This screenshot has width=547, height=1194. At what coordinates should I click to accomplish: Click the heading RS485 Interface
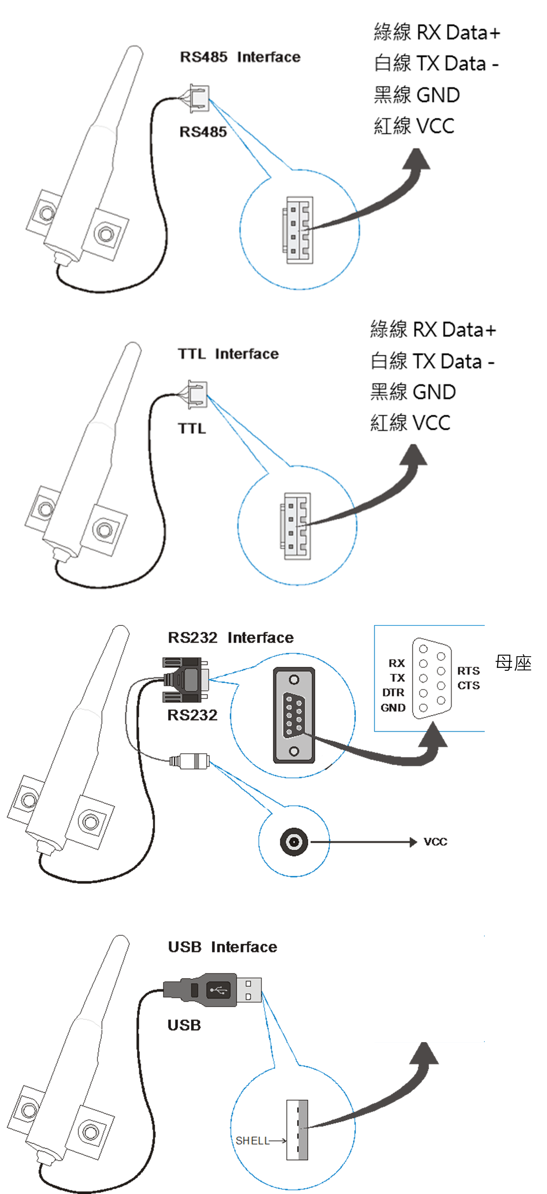pyautogui.click(x=240, y=57)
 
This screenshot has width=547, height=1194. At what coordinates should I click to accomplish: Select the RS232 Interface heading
pyautogui.click(x=230, y=638)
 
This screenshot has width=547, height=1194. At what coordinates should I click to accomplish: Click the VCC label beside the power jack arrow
pyautogui.click(x=436, y=842)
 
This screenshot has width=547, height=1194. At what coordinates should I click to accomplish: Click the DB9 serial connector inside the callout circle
pyautogui.click(x=294, y=715)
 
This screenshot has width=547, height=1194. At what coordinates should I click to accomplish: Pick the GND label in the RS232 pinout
pyautogui.click(x=393, y=708)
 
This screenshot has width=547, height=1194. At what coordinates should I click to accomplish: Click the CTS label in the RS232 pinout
pyautogui.click(x=468, y=686)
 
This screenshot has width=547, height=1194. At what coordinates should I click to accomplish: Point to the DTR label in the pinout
pyautogui.click(x=393, y=693)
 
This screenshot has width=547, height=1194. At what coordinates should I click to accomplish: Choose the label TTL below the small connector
pyautogui.click(x=192, y=428)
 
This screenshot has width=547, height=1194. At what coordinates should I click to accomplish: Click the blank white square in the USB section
pyautogui.click(x=426, y=987)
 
